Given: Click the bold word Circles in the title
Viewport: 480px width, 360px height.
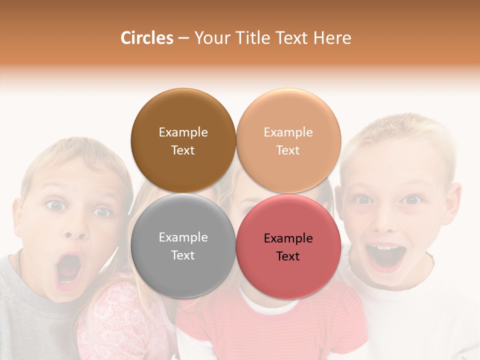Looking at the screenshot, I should click(146, 38).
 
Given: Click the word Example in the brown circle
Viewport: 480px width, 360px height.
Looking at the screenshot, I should click(183, 132).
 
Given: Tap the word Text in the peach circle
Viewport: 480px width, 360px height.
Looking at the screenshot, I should click(288, 150).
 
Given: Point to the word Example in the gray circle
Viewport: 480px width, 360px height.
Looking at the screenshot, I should click(183, 237).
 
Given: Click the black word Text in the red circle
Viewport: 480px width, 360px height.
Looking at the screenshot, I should click(288, 256).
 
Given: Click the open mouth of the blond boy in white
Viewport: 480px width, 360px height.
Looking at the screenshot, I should click(385, 255).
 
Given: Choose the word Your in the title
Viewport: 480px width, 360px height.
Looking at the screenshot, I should click(210, 38).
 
